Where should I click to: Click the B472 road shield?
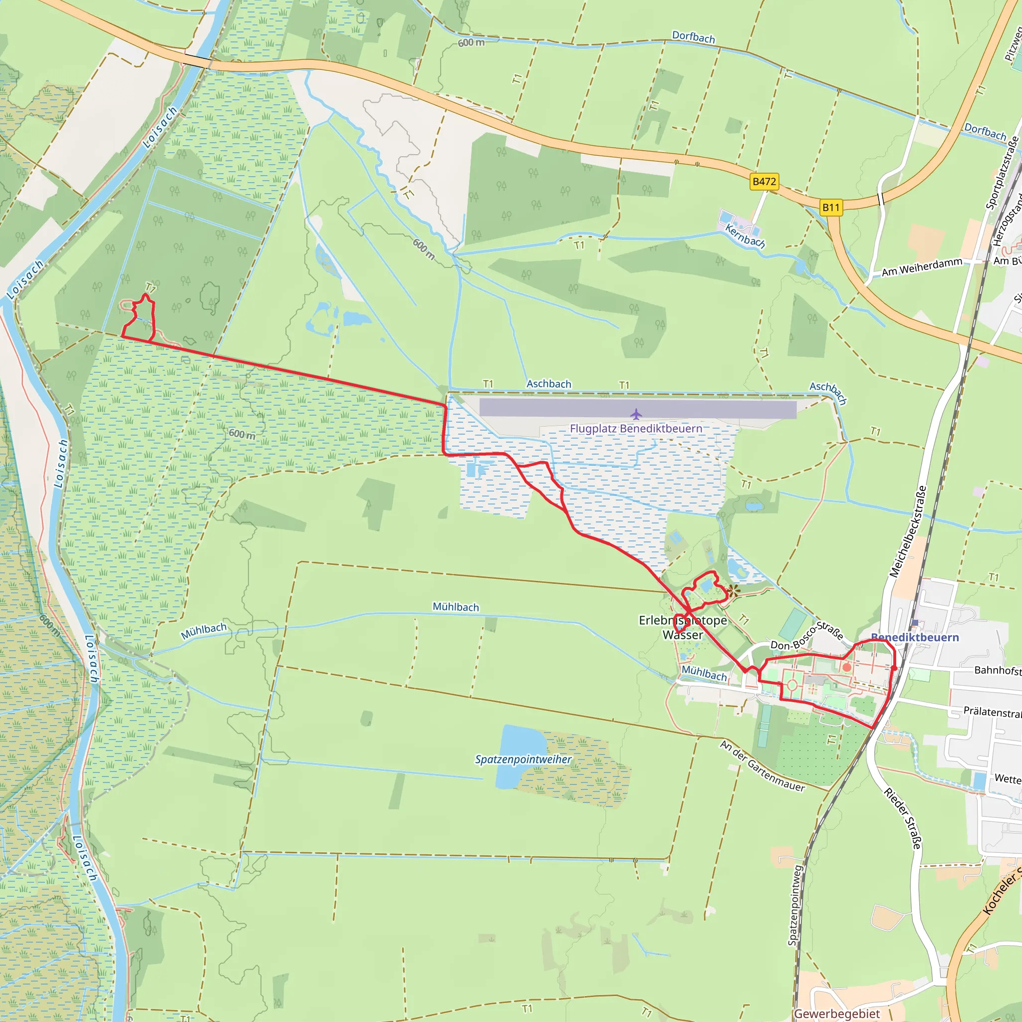tap(765, 182)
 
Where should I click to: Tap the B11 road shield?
tap(831, 208)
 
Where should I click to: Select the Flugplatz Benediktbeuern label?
tap(636, 429)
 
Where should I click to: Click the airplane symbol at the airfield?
tap(636, 414)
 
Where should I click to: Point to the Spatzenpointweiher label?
tap(523, 760)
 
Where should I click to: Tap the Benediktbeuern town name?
tap(915, 637)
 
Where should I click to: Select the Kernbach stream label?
tap(745, 236)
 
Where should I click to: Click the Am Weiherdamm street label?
tap(922, 267)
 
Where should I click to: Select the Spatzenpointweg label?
tap(794, 905)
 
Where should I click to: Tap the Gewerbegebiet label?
tap(837, 1014)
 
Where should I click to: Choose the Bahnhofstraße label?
tap(998, 670)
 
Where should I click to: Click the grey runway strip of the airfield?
tap(637, 409)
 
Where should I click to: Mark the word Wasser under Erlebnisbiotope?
tap(682, 635)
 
